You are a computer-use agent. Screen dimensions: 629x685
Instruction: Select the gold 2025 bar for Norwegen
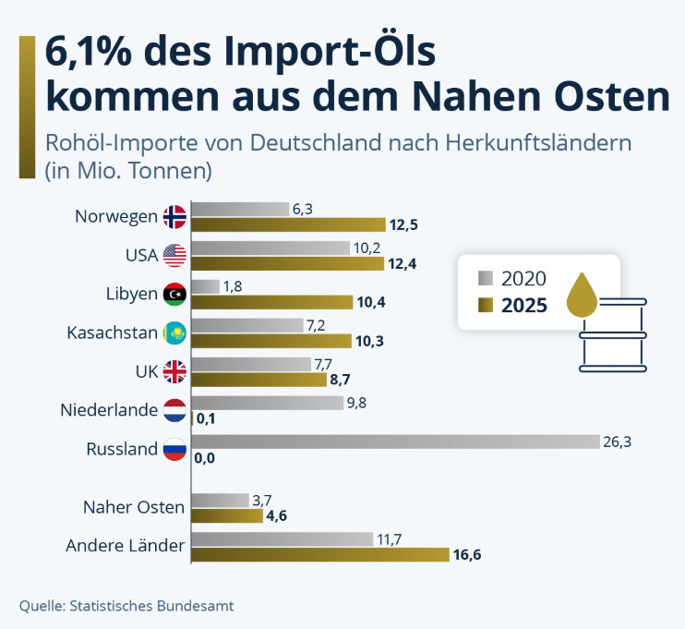288,224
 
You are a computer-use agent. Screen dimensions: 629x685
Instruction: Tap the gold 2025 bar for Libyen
272,302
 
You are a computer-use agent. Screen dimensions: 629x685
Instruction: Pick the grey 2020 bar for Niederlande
267,403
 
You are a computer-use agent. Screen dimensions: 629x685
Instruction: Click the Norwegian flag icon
174,217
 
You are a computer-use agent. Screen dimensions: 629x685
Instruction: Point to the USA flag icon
174,255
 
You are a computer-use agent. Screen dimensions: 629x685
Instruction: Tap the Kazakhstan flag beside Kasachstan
174,333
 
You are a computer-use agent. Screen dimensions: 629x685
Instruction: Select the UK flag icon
174,371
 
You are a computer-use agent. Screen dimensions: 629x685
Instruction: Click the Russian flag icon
174,450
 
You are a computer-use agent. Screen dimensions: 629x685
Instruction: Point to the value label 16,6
468,554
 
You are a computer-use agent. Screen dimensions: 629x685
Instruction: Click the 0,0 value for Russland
205,458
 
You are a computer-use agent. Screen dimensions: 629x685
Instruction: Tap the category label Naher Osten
134,507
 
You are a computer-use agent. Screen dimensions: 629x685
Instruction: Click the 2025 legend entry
524,305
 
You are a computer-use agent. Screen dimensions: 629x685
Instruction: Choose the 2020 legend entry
523,278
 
